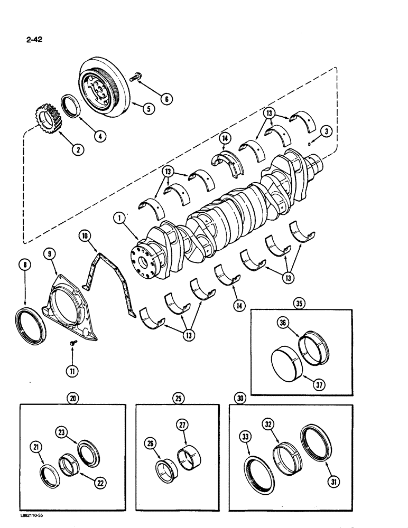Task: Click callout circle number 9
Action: click(x=50, y=255)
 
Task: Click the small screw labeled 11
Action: click(x=73, y=343)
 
